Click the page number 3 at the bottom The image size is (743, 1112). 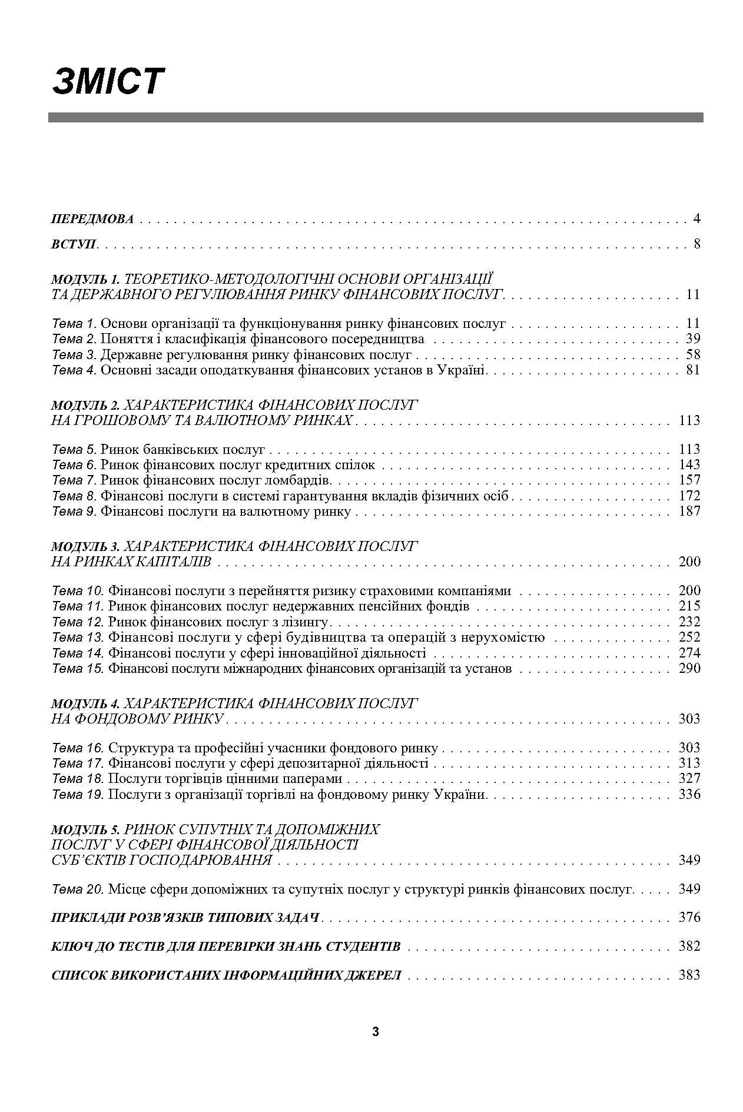tap(376, 1031)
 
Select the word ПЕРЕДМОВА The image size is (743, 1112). tap(92, 220)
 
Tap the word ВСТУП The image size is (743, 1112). tap(74, 244)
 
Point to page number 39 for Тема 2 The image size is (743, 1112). tap(693, 338)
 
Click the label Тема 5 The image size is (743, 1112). tap(75, 450)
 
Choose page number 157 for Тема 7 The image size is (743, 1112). tap(689, 480)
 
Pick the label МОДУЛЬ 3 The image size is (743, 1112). tap(85, 546)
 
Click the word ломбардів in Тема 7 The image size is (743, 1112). tap(301, 480)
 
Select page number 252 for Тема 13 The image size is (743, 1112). tap(689, 637)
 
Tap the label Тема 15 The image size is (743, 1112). tap(78, 669)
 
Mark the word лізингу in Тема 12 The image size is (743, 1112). tap(307, 622)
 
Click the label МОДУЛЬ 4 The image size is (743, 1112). tap(85, 703)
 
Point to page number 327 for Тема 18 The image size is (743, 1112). tap(689, 779)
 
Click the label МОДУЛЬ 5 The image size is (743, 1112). tap(85, 829)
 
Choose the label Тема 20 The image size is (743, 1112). tap(78, 889)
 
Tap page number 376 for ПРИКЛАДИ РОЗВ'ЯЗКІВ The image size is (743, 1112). tap(689, 917)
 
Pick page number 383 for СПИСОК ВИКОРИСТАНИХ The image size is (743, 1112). tap(689, 975)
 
